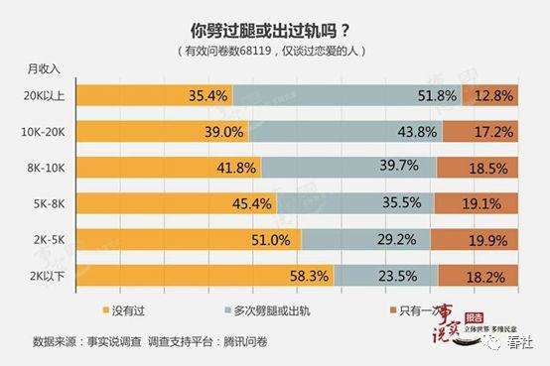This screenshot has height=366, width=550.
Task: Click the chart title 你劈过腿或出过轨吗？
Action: coord(274,30)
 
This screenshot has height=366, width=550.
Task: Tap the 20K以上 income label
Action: coord(49,95)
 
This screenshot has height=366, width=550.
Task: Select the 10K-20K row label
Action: coord(47,132)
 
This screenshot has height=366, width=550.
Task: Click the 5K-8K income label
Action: coord(50,204)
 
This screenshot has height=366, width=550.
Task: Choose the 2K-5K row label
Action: coord(50,240)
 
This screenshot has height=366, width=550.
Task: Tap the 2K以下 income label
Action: coord(49,276)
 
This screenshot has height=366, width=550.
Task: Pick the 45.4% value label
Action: coord(253,204)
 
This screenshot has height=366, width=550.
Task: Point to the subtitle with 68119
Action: coord(274,50)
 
